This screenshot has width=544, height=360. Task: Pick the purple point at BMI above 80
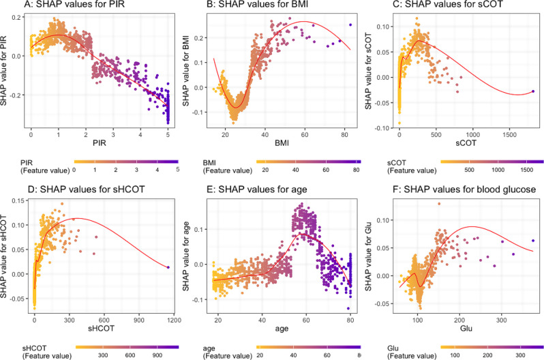[350, 25]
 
